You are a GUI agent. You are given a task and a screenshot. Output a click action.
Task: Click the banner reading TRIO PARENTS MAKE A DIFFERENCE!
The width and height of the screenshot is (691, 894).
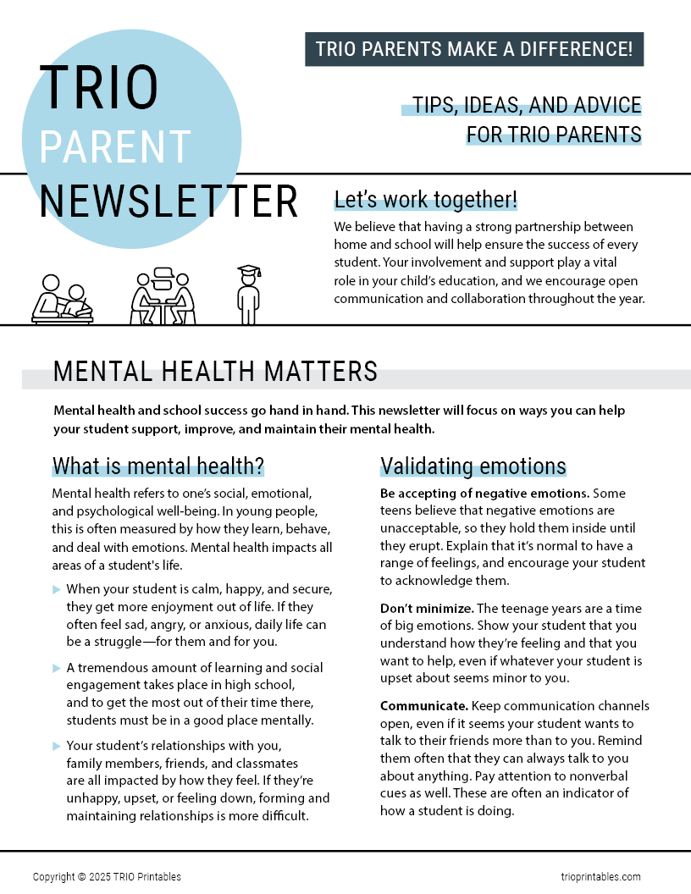pyautogui.click(x=474, y=49)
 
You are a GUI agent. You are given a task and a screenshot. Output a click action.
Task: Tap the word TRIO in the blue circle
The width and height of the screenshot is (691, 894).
pyautogui.click(x=99, y=88)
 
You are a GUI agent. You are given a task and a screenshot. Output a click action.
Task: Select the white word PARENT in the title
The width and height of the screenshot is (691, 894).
pyautogui.click(x=115, y=146)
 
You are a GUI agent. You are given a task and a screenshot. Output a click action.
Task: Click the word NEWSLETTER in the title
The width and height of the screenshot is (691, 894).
pyautogui.click(x=169, y=201)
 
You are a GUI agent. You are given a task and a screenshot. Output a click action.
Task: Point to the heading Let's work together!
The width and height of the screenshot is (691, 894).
pyautogui.click(x=426, y=200)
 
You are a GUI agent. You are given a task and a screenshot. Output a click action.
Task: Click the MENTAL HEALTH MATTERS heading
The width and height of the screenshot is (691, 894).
pyautogui.click(x=215, y=372)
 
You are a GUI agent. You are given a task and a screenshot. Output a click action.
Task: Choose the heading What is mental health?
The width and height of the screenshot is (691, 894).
pyautogui.click(x=158, y=466)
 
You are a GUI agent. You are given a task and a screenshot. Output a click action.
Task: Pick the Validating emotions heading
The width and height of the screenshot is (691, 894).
pyautogui.click(x=473, y=466)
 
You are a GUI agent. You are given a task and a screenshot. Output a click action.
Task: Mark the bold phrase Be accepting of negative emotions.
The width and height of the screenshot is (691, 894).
pyautogui.click(x=484, y=493)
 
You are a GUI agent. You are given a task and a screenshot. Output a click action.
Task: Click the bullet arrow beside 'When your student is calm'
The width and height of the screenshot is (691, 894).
pyautogui.click(x=57, y=589)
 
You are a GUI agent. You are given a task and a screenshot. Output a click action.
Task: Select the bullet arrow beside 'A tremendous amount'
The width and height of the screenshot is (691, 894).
pyautogui.click(x=57, y=668)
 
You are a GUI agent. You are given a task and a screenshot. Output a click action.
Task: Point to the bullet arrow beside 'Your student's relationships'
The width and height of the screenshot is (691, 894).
pyautogui.click(x=57, y=746)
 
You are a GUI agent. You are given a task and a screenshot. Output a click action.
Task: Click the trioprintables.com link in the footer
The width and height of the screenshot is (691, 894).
pyautogui.click(x=600, y=877)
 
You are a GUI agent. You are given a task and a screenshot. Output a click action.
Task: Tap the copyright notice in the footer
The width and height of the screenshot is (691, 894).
pyautogui.click(x=107, y=877)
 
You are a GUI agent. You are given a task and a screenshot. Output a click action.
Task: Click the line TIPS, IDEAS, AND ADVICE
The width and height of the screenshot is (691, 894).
pyautogui.click(x=526, y=106)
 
